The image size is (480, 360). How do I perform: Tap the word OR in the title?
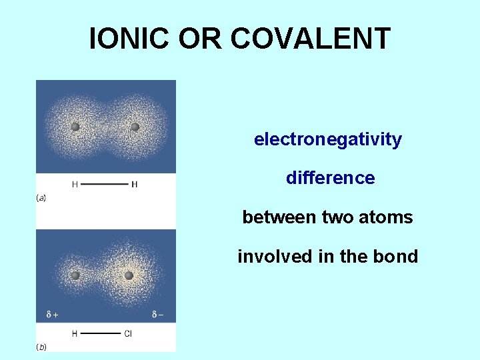coord(201,39)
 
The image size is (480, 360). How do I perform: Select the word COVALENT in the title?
coord(310,39)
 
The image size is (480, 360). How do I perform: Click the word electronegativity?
coord(327,140)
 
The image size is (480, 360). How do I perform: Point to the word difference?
coord(330,179)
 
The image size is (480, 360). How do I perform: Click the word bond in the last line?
coord(398,257)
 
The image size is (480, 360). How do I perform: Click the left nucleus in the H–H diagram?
coord(75,127)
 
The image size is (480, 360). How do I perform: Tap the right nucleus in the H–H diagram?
coord(135,127)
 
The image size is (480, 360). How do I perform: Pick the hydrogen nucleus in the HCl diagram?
coord(75,275)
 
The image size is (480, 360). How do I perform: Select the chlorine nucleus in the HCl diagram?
coord(129,275)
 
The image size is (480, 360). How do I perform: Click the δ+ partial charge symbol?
coord(51,315)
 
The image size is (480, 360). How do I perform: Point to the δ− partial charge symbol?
coord(158,315)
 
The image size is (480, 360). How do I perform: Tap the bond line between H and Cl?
coord(100,333)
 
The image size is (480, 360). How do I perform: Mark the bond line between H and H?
coord(105,184)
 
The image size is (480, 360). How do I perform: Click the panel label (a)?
coord(41,198)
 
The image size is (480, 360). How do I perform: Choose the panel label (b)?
coord(41,347)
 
